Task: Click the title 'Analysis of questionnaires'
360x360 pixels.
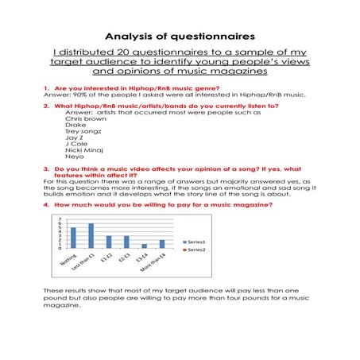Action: pos(179,37)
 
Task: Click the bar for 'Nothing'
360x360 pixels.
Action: pos(74,238)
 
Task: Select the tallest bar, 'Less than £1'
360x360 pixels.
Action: pos(91,235)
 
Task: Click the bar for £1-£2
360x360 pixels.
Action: pos(109,242)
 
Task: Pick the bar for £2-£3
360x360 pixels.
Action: pos(126,242)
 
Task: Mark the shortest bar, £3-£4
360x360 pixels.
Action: pos(144,246)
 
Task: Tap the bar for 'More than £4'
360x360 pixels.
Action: pos(162,243)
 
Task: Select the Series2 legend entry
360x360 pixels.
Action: pos(195,250)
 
